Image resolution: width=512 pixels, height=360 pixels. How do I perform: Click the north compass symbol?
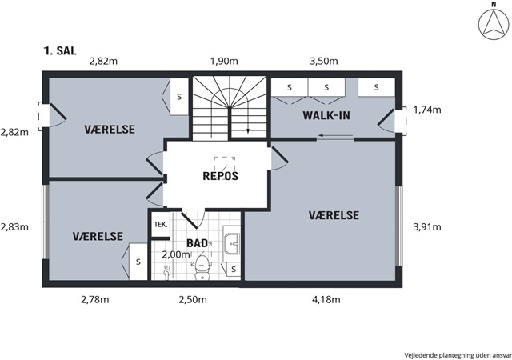494,25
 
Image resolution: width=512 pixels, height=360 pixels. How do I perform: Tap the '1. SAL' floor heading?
60,50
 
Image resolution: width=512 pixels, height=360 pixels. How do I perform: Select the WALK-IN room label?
326,115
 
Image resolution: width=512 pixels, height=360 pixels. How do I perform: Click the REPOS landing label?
221,176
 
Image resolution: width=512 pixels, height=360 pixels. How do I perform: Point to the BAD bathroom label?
197,243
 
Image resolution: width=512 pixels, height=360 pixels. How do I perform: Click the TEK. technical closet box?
160,225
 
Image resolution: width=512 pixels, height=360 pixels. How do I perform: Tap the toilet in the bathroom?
202,267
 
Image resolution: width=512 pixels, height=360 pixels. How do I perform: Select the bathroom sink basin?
232,243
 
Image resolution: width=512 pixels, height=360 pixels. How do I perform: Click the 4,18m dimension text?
326,299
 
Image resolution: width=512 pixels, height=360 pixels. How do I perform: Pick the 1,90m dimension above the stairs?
224,61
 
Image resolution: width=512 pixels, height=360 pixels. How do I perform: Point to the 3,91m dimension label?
427,226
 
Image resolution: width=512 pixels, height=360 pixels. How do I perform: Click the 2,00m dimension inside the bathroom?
176,254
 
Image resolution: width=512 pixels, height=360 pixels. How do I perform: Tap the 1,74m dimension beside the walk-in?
427,110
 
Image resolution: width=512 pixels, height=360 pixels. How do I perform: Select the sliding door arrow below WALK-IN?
336,135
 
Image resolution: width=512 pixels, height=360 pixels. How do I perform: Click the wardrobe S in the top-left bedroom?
179,97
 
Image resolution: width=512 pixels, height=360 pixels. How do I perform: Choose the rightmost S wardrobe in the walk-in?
377,87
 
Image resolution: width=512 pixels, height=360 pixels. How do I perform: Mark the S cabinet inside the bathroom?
234,270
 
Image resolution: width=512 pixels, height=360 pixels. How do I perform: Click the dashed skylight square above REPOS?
225,164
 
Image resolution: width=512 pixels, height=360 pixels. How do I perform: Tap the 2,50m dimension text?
193,299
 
